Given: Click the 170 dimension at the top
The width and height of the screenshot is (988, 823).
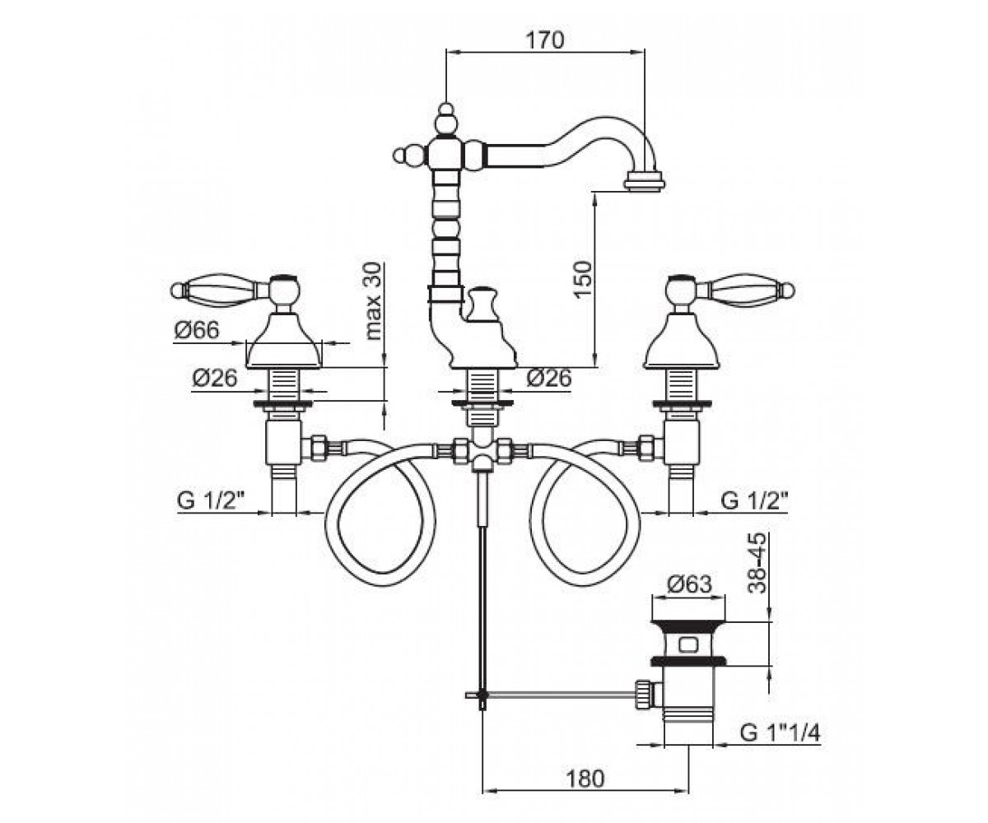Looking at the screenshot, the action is click(546, 40).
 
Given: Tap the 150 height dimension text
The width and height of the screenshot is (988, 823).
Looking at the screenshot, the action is click(583, 279).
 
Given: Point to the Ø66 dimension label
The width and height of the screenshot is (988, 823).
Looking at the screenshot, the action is click(196, 330).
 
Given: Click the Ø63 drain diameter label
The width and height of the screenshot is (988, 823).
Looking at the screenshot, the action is click(689, 584).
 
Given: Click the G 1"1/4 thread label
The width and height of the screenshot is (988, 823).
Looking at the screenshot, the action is click(780, 733).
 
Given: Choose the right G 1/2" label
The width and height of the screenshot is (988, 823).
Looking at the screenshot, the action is click(755, 500).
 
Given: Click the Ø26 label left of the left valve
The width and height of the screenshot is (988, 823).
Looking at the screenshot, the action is click(214, 379).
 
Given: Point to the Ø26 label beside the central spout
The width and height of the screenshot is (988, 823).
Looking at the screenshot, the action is click(549, 378).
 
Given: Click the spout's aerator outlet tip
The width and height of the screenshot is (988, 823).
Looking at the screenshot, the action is click(645, 182).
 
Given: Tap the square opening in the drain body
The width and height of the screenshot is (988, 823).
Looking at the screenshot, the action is click(689, 644).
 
